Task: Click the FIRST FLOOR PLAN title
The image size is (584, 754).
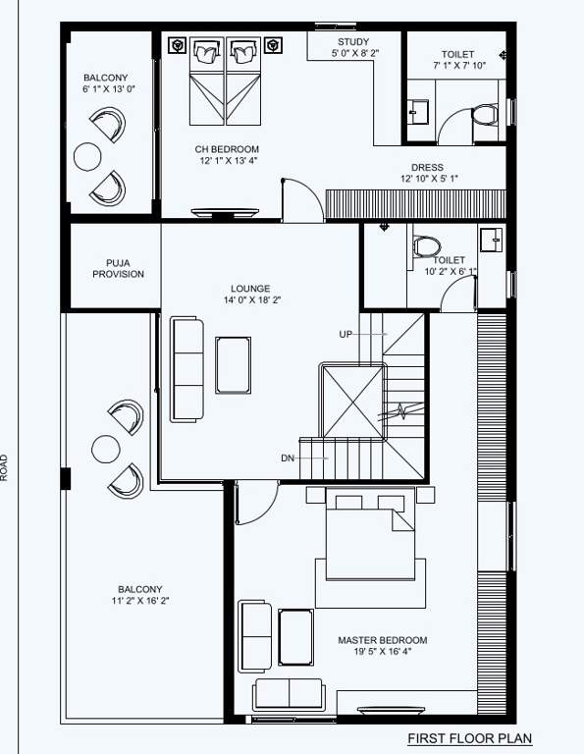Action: (469, 738)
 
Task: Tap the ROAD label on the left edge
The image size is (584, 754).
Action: (5, 465)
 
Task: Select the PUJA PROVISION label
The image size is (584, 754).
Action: (118, 269)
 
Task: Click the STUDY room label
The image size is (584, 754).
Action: (353, 41)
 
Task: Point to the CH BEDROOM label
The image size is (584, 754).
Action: (227, 148)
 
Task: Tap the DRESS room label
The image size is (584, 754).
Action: (428, 167)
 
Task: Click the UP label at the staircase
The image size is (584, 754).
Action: (345, 335)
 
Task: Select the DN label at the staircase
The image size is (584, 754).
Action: (288, 458)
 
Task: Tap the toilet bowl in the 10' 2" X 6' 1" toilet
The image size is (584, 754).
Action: (427, 244)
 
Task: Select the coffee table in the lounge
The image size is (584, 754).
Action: (233, 364)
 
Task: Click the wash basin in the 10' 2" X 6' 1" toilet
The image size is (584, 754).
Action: (490, 239)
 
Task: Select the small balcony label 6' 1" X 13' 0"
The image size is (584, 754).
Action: (105, 89)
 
